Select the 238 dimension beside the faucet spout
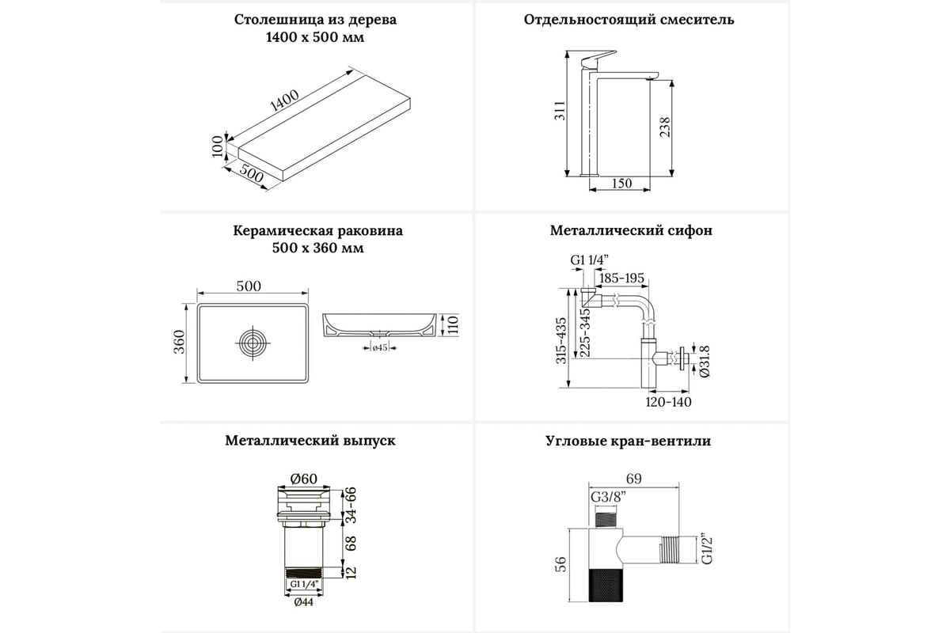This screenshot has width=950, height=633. [x=665, y=127]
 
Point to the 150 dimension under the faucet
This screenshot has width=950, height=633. [x=622, y=184]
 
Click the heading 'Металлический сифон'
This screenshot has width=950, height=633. [x=631, y=231]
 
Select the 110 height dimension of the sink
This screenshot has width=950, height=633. [x=453, y=324]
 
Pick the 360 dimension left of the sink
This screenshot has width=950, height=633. [x=180, y=343]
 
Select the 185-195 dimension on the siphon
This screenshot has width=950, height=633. [x=622, y=279]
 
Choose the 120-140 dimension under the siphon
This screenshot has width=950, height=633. [x=669, y=402]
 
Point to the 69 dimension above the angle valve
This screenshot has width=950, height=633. [x=633, y=478]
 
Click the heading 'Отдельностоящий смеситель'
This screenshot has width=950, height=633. [x=629, y=20]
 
